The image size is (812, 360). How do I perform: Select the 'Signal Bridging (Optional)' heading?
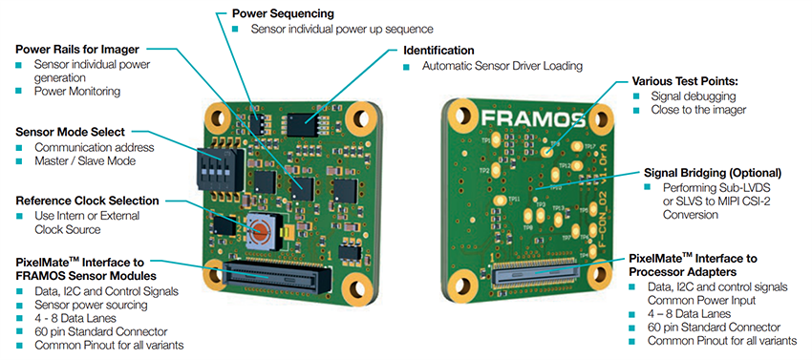click(710, 173)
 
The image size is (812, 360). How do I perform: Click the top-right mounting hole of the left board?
click(361, 119)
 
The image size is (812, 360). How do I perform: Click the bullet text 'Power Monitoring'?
click(77, 91)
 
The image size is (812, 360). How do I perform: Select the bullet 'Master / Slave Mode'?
click(85, 161)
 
